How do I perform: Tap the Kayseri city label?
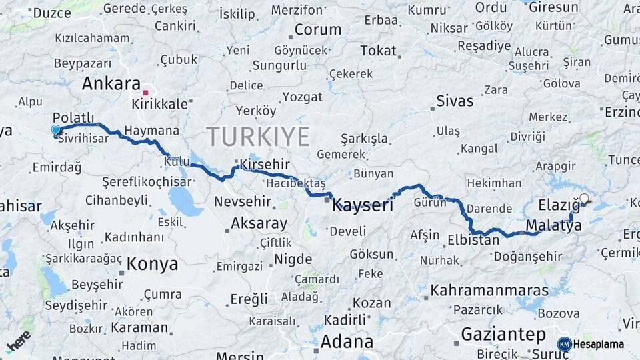point(362,206)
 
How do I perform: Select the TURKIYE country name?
point(258,137)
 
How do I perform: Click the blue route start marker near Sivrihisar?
point(55,130)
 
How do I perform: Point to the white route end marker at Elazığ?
point(584,199)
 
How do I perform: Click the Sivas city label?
point(455,101)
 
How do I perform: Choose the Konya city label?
point(153,263)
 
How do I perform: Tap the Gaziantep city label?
point(503,334)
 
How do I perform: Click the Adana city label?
point(347,342)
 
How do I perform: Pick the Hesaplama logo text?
point(598,344)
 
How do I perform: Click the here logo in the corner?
point(18,341)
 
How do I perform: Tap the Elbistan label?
point(473,240)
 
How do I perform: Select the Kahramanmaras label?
point(489,291)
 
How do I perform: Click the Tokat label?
point(378,51)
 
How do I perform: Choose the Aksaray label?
point(259,224)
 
